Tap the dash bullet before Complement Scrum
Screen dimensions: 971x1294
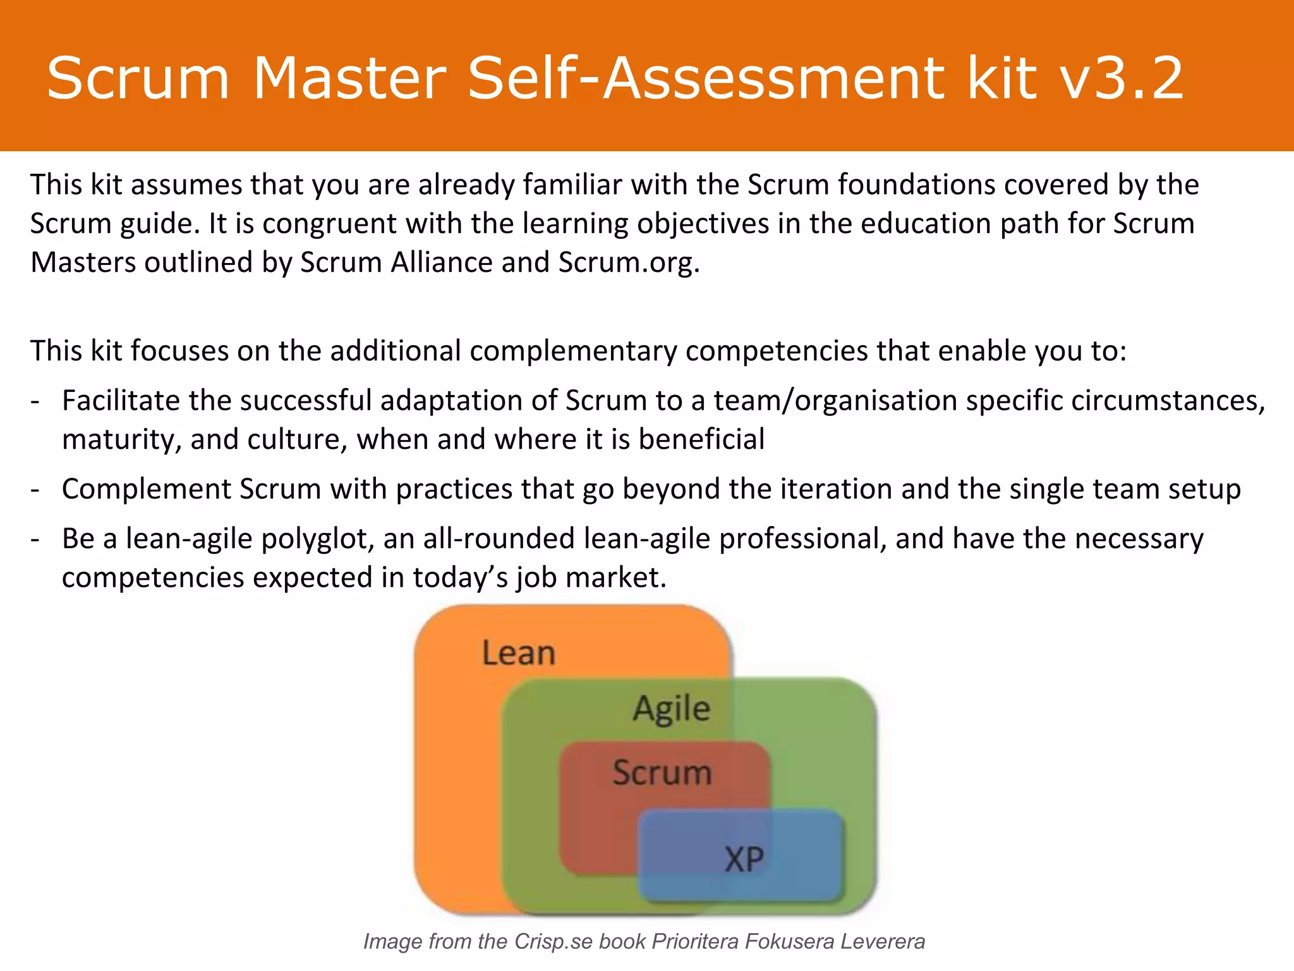pos(36,489)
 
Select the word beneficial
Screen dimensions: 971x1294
pos(701,439)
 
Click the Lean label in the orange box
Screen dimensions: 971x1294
pos(519,653)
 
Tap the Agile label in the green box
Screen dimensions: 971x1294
pos(672,709)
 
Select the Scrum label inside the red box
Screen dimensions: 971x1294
pos(662,773)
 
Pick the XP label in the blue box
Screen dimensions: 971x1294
pos(744,859)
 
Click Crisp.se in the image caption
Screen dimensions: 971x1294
pos(553,942)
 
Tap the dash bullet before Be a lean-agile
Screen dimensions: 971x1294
pos(36,539)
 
